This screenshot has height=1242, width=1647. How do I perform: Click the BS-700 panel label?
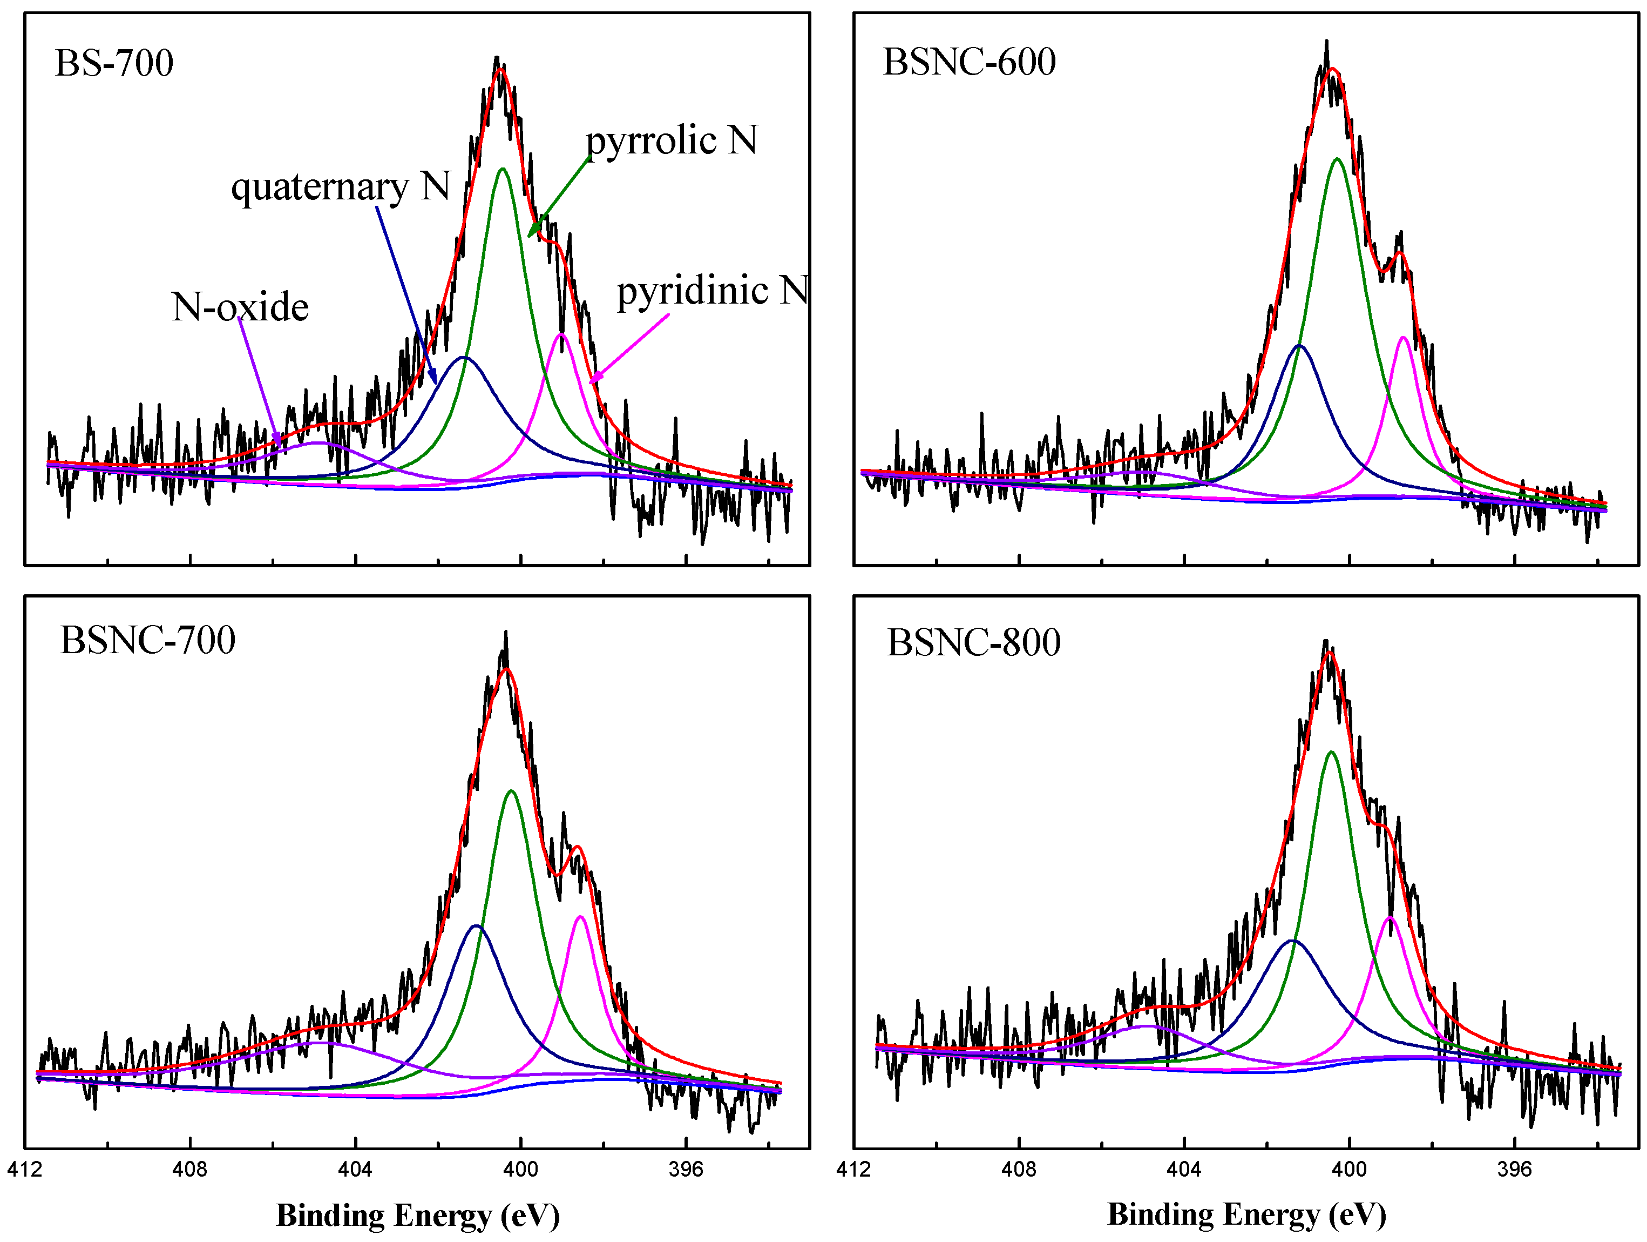[114, 63]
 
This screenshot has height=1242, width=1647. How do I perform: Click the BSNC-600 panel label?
[968, 61]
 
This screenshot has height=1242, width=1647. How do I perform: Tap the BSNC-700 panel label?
[147, 640]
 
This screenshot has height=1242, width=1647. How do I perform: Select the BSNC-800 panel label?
[973, 642]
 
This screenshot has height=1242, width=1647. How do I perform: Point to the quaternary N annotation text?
[340, 186]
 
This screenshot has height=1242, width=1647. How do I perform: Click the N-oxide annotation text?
[240, 307]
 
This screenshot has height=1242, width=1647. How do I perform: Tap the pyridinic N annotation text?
[713, 291]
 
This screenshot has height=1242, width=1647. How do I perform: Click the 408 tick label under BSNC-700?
[190, 1169]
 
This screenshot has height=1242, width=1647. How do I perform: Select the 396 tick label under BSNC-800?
[1514, 1169]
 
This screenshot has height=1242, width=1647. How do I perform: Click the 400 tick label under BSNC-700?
[520, 1169]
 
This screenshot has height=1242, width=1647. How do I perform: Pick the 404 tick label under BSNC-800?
[1184, 1169]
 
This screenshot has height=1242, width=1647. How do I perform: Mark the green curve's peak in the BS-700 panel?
[503, 169]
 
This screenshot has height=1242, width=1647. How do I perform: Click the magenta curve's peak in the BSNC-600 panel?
[1403, 338]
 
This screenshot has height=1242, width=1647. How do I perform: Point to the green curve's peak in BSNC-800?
[1331, 752]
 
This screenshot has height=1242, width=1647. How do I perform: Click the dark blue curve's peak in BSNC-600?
[1299, 346]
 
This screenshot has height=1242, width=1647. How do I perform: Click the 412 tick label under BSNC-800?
[853, 1169]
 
